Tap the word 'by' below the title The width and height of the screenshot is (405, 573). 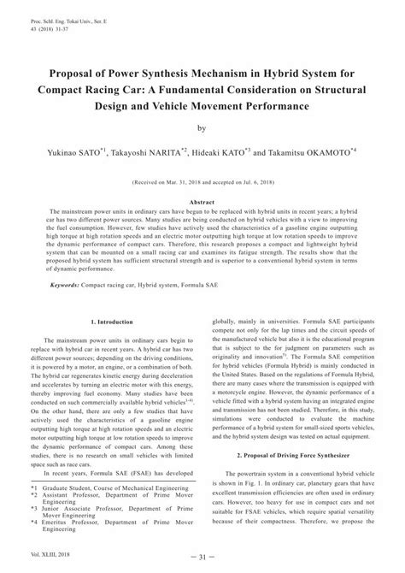(202, 129)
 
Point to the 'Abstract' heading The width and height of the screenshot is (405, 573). (202, 199)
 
